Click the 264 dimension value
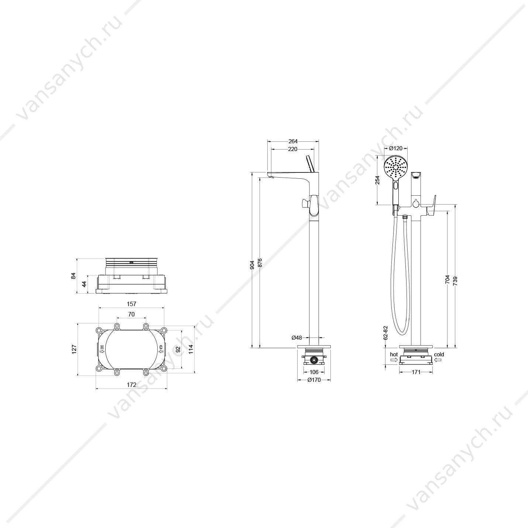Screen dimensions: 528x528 [293, 141]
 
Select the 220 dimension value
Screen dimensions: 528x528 [293, 149]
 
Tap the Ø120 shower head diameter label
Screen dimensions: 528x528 [396, 148]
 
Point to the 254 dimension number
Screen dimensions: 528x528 [377, 180]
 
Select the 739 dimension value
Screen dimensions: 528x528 [455, 281]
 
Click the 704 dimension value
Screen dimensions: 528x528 [448, 279]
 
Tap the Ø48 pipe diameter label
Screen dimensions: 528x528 [297, 338]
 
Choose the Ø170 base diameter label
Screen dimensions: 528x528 [314, 380]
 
